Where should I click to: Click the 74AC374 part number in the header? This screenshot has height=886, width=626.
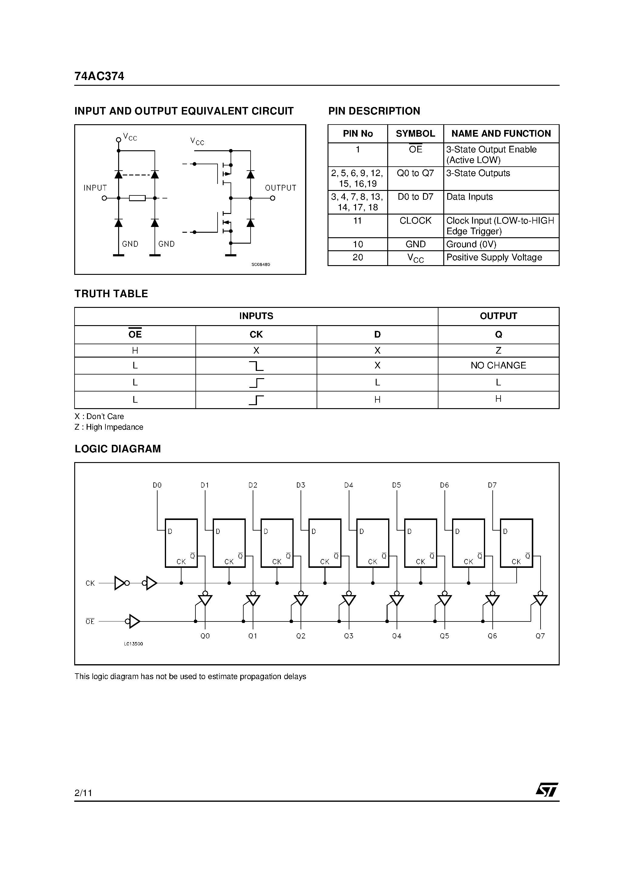[99, 76]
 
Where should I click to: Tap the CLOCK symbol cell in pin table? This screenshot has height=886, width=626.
[415, 221]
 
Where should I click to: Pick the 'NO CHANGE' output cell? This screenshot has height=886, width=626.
[498, 365]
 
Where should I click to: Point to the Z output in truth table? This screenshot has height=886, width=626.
[498, 350]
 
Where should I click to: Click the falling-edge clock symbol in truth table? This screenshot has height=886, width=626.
[256, 366]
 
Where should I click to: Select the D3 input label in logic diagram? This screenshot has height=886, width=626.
[301, 485]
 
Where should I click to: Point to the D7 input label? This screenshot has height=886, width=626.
[492, 485]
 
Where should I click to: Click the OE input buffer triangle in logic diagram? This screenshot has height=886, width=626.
[134, 621]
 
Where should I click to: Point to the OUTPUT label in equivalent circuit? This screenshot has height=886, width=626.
[281, 188]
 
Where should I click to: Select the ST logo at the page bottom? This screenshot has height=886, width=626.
[547, 790]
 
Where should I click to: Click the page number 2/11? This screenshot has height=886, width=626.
[83, 793]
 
